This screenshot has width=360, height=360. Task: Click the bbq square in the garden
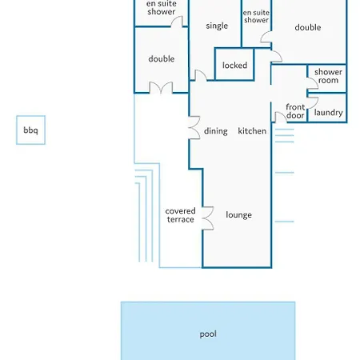[30, 130]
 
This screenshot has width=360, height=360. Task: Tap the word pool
[208, 334]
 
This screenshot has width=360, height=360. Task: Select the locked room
[234, 64]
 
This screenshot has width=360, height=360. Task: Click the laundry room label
[328, 113]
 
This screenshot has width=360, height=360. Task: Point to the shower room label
[328, 76]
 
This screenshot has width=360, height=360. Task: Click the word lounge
[238, 215]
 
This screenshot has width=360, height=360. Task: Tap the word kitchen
[252, 131]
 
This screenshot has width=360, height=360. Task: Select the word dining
[216, 131]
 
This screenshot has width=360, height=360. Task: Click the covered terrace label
[180, 215]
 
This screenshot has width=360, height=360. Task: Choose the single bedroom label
[217, 26]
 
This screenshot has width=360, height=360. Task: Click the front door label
[295, 111]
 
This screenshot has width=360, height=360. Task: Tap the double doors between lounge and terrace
[208, 218]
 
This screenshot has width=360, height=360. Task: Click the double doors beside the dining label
[194, 128]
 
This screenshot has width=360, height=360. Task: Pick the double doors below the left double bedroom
[161, 88]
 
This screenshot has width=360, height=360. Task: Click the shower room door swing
[313, 83]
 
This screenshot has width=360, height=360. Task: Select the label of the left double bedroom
[162, 59]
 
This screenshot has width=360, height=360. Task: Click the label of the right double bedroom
[308, 27]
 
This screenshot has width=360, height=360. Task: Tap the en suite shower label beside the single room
[256, 16]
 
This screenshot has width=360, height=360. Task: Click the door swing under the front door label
[281, 118]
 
